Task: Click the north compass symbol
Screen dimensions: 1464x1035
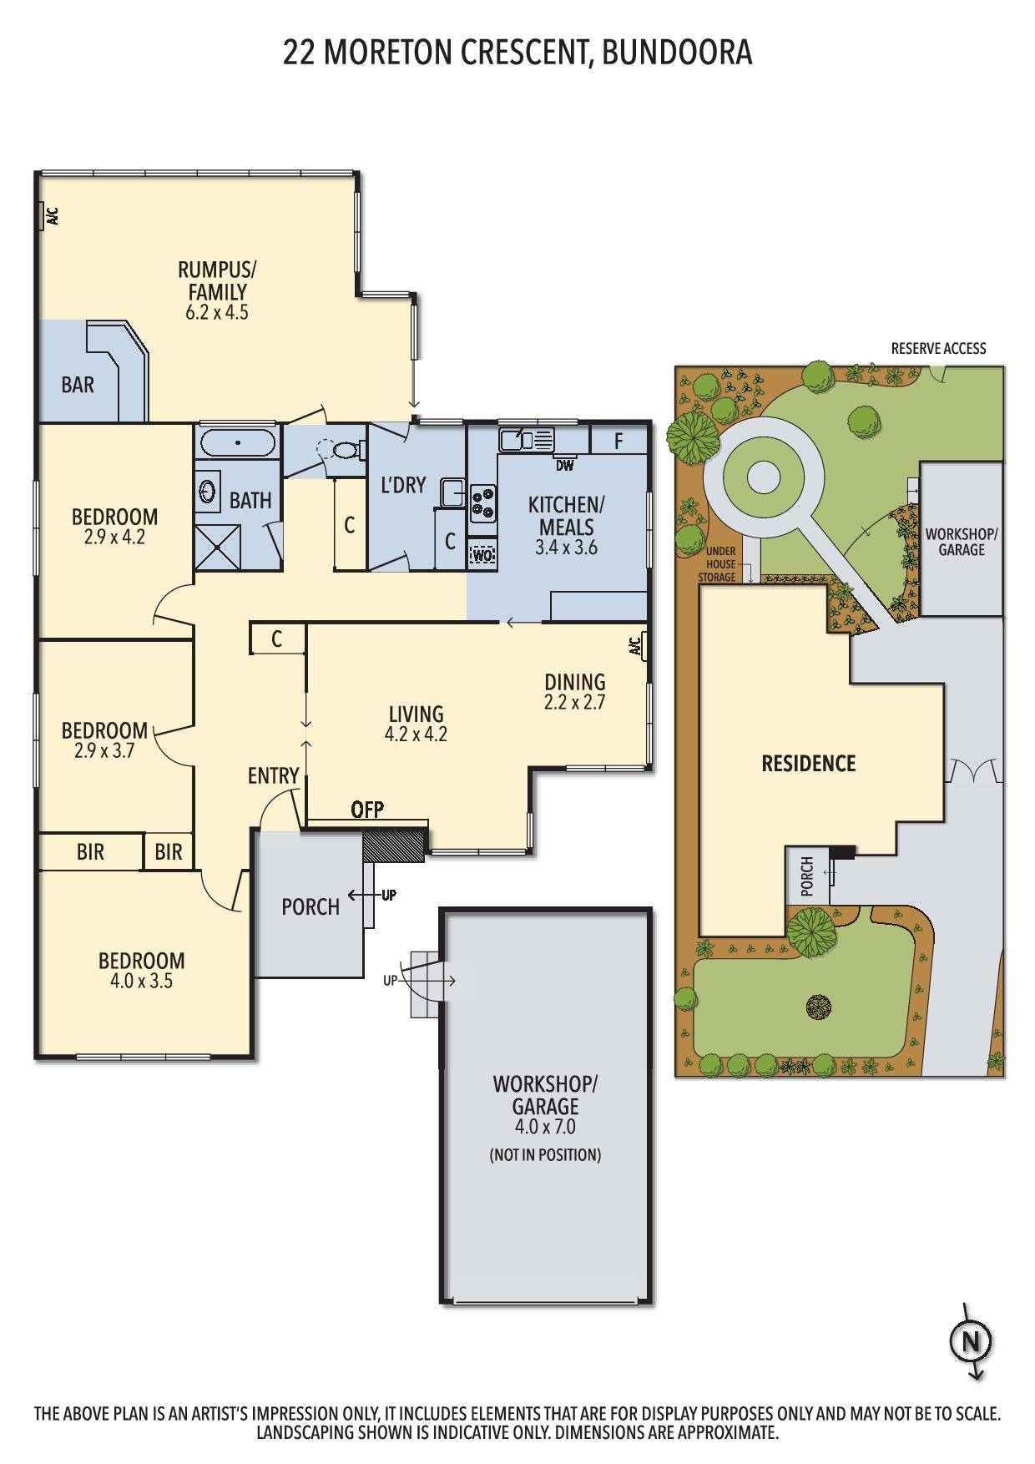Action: click(970, 1343)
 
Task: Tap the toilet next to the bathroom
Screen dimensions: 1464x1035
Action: click(343, 450)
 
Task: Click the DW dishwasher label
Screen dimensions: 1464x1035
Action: click(565, 466)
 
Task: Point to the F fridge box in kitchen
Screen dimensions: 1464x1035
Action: click(618, 441)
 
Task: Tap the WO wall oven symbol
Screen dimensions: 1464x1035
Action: click(482, 555)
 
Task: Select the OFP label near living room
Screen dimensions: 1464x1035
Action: click(367, 809)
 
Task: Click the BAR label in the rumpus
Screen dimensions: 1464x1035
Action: click(78, 385)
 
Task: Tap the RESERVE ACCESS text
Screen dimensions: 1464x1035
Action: click(938, 348)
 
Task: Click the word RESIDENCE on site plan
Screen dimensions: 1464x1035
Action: click(808, 763)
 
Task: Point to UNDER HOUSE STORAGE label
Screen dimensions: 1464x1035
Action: click(721, 564)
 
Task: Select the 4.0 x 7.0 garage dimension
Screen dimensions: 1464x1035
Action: click(545, 1127)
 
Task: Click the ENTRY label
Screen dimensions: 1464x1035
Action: click(273, 776)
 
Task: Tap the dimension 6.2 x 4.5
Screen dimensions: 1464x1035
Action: click(217, 313)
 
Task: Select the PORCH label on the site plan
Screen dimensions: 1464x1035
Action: click(807, 876)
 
